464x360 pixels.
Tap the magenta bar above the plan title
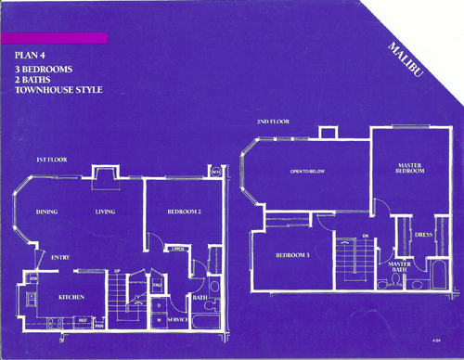tap(56, 38)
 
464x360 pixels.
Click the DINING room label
tap(47, 212)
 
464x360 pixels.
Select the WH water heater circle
tap(215, 171)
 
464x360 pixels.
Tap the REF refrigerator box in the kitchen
tap(83, 320)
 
